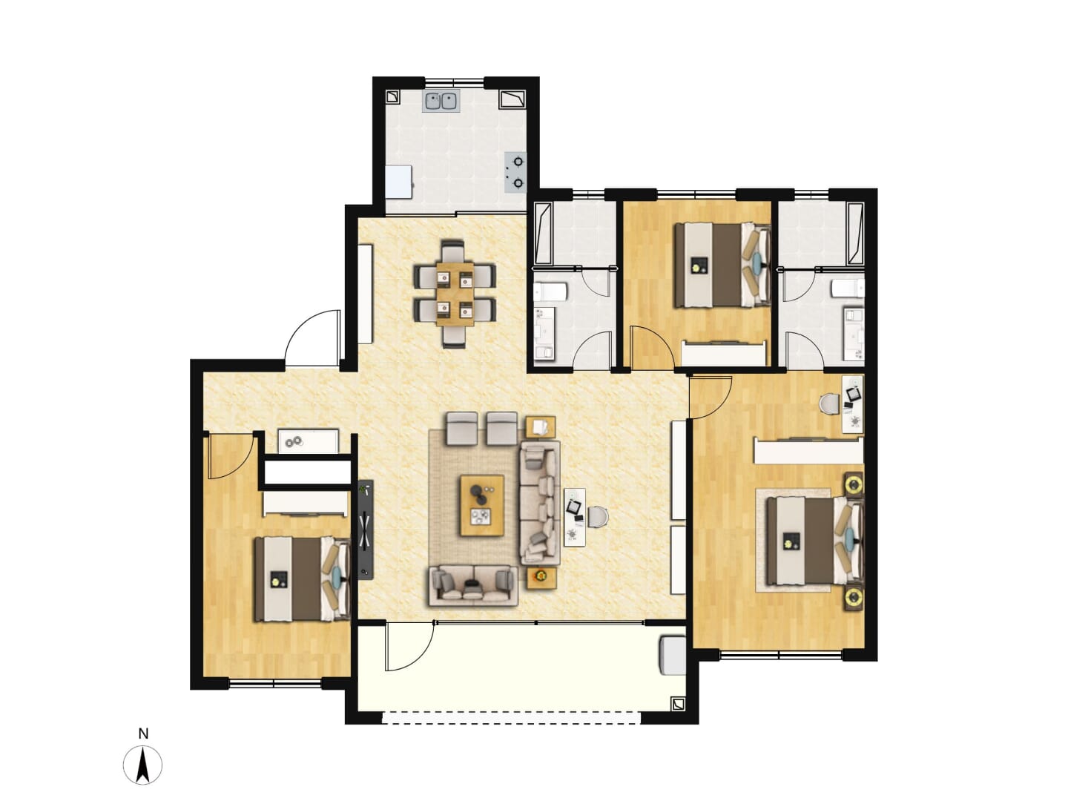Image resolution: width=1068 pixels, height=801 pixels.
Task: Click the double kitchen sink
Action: pyautogui.click(x=442, y=101)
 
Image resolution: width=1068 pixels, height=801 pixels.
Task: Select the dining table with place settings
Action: pyautogui.click(x=455, y=294)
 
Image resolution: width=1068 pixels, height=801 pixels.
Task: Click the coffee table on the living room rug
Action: pyautogui.click(x=481, y=505)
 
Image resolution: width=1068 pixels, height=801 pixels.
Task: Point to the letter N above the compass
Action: pyautogui.click(x=143, y=734)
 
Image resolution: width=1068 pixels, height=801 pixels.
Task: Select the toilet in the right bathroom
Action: pyautogui.click(x=848, y=289)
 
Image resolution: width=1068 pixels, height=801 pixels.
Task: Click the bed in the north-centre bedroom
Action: pyautogui.click(x=722, y=265)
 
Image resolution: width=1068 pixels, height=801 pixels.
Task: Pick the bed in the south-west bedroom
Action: pyautogui.click(x=303, y=578)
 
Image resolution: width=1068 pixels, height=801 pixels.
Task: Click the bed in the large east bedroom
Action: pyautogui.click(x=815, y=541)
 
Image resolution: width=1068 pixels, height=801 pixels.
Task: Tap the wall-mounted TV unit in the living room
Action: pyautogui.click(x=366, y=530)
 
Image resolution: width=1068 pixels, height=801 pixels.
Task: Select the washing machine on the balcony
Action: pyautogui.click(x=673, y=656)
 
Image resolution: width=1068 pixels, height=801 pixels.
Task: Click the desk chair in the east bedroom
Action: pyautogui.click(x=830, y=403)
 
